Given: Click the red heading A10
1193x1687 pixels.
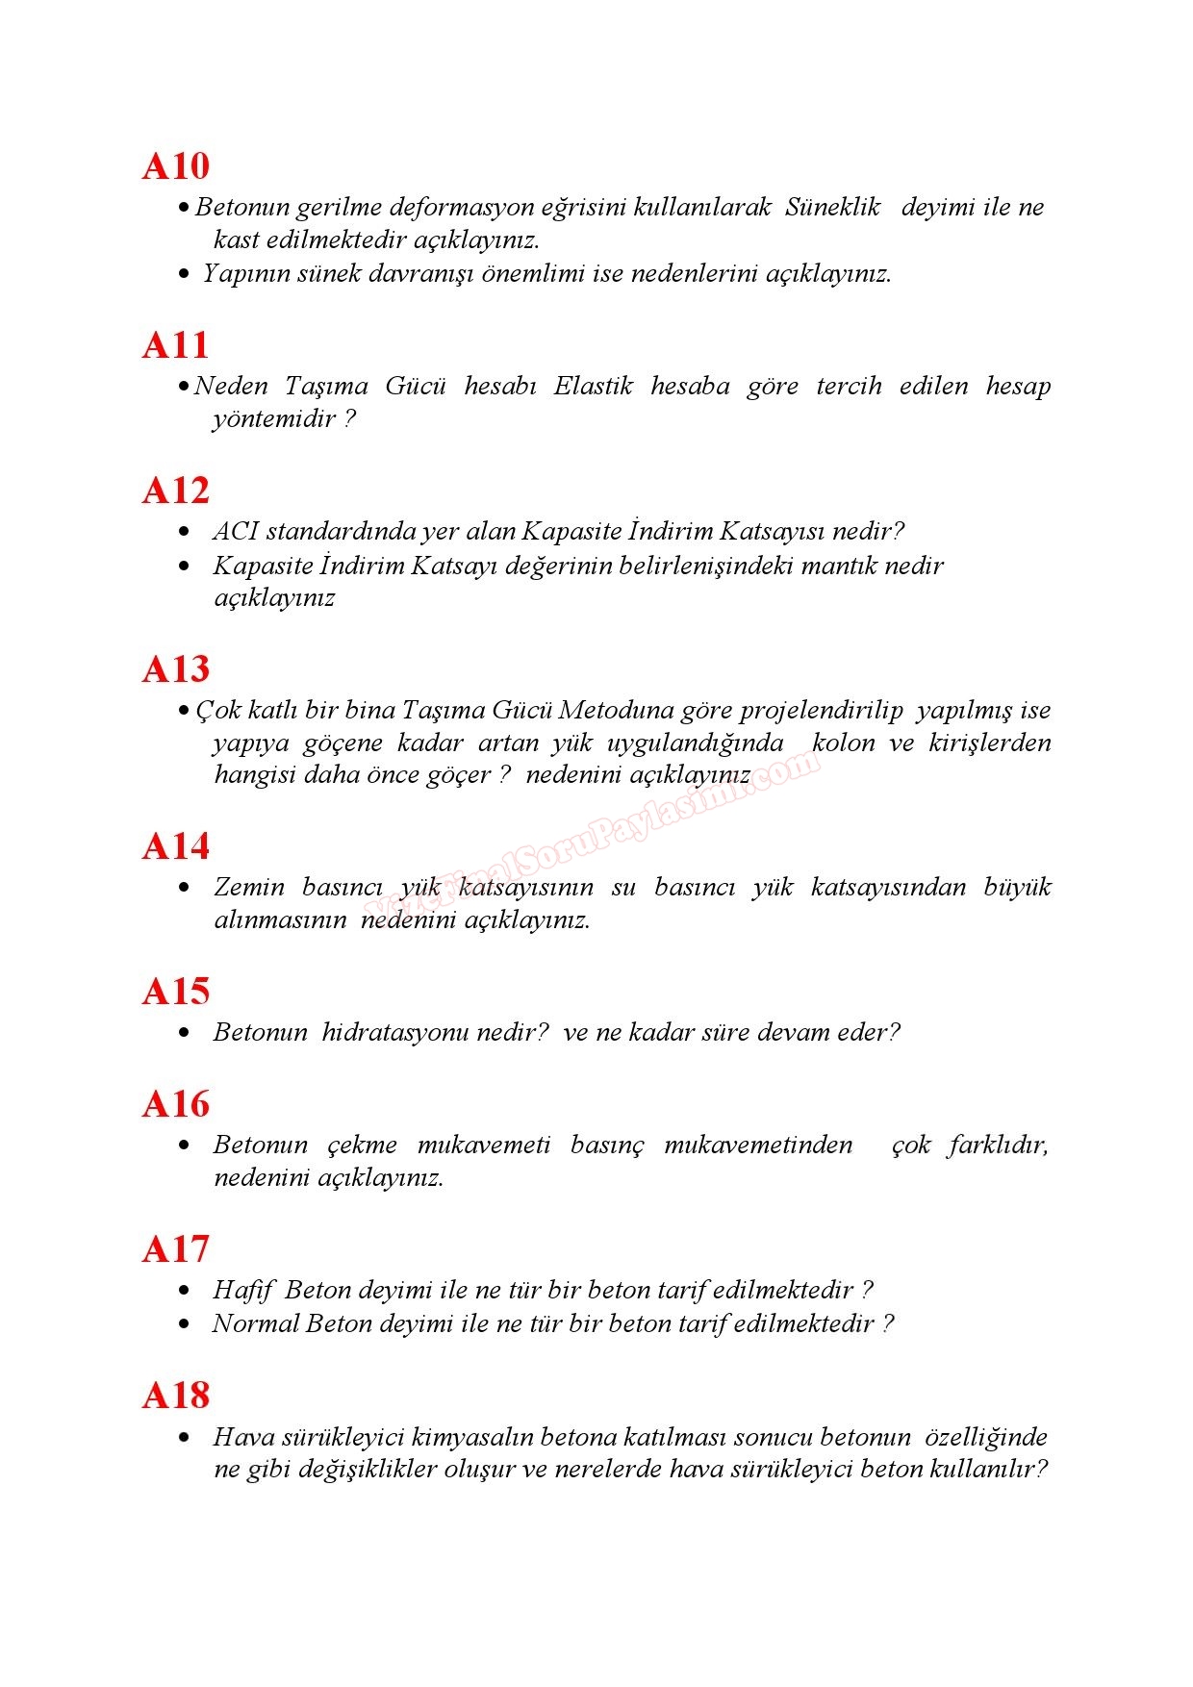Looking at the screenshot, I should pyautogui.click(x=175, y=166).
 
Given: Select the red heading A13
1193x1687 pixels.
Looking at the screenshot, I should pyautogui.click(x=175, y=669).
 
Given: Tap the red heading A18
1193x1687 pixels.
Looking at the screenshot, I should pyautogui.click(x=175, y=1396).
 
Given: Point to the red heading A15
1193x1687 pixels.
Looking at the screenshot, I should pyautogui.click(x=175, y=992).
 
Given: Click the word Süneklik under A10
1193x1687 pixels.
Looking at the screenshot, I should pyautogui.click(x=832, y=207).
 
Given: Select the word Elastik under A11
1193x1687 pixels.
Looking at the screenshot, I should pyautogui.click(x=593, y=386).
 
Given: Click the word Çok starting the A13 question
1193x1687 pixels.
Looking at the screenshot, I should pyautogui.click(x=218, y=710).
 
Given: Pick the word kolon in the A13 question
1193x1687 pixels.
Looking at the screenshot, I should pyautogui.click(x=843, y=743).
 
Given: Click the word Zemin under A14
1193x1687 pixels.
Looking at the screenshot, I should pyautogui.click(x=249, y=887).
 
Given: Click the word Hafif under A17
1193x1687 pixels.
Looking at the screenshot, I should pyautogui.click(x=243, y=1290).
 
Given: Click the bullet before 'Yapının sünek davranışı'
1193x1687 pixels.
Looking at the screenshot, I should pyautogui.click(x=185, y=275).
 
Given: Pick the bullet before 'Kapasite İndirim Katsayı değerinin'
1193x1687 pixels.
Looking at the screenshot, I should pyautogui.click(x=185, y=567).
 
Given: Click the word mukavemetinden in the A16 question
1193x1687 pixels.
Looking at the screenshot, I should pyautogui.click(x=758, y=1145).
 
